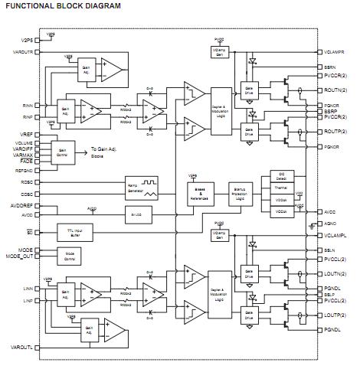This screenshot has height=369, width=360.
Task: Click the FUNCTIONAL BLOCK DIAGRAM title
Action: point(64,6)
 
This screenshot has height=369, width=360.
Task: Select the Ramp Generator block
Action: point(137,188)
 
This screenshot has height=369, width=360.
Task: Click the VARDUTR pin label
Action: point(21,51)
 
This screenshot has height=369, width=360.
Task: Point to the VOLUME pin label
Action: point(22,143)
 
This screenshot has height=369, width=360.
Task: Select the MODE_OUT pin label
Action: point(20,256)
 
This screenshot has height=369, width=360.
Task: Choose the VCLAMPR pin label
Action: point(336,52)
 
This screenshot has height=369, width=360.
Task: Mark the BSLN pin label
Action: point(330,250)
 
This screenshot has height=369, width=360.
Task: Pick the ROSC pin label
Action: point(26,182)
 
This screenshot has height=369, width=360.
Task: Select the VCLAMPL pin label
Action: point(336,236)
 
